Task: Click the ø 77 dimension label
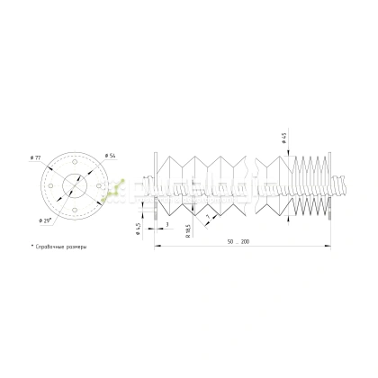tap(36, 158)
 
